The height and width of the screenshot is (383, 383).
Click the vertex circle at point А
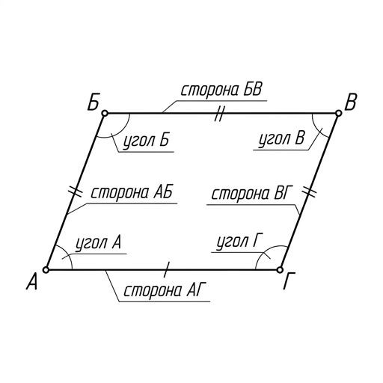pos(46,270)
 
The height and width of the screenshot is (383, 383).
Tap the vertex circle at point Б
pos(105,114)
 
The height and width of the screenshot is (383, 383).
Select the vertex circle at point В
pos(338,114)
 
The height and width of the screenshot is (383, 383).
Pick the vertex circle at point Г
pos(280,270)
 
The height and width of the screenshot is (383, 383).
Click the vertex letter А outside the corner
pos(32,281)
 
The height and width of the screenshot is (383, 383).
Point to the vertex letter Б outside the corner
pos(94,102)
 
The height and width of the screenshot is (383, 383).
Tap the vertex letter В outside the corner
pos(350,102)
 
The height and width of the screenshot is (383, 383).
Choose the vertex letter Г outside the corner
pos(289,281)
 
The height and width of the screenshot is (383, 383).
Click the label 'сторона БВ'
pos(221,90)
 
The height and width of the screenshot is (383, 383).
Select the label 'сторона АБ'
pos(132,192)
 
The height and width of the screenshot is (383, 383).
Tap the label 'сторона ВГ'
pos(251,194)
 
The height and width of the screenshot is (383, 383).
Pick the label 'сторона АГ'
pos(165,291)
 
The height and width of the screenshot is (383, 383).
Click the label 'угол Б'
pos(147,141)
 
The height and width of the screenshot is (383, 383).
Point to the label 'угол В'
pos(281,139)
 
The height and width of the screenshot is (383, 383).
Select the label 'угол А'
pos(99,243)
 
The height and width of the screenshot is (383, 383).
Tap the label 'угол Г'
pos(239,242)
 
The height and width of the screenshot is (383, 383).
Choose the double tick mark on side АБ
pos(75,192)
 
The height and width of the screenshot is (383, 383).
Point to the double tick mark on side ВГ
pos(309,191)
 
